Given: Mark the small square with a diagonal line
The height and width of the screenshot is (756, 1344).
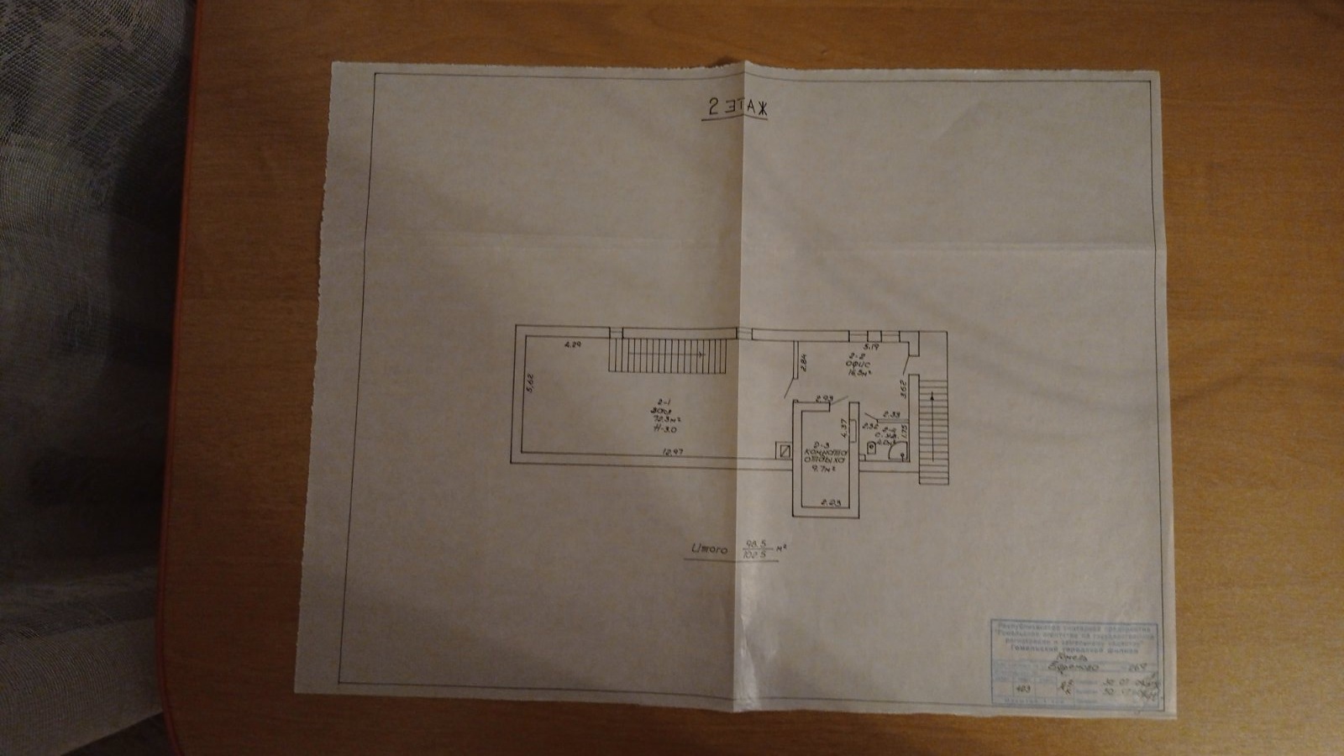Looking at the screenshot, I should (x=784, y=451).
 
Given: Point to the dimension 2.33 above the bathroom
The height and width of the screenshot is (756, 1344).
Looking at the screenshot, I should (x=891, y=414).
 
